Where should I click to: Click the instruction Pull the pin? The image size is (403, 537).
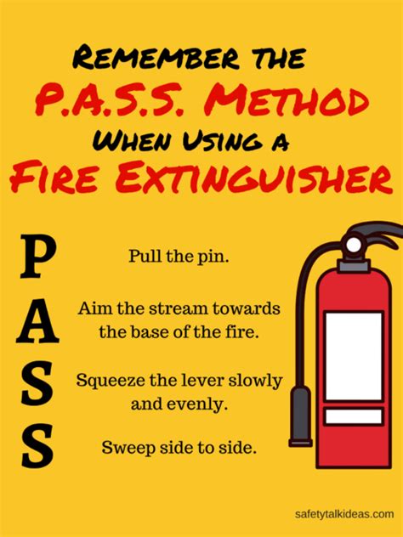point(179,256)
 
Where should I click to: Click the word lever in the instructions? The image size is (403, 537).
point(217,379)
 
